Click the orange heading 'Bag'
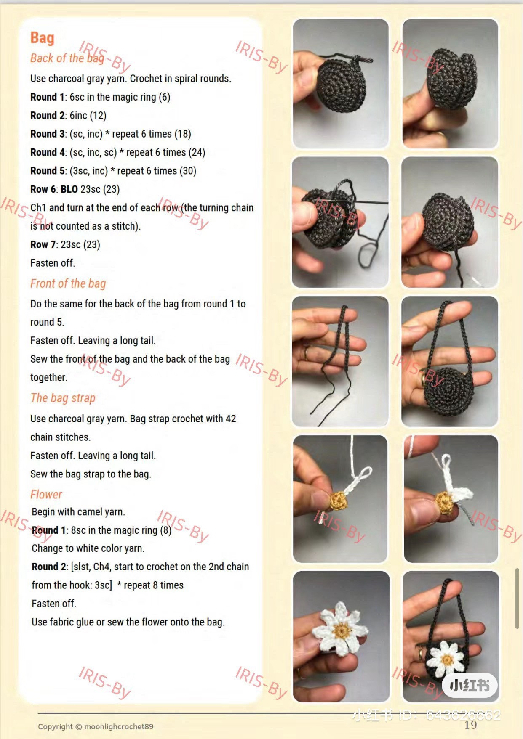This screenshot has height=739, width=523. (42, 38)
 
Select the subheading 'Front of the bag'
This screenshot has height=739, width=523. (68, 283)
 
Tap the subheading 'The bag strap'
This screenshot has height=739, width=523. (63, 398)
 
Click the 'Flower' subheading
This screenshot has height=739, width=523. (46, 494)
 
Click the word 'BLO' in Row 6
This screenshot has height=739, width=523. (69, 189)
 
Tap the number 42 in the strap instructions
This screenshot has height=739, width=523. (230, 419)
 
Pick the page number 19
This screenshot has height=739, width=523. (470, 725)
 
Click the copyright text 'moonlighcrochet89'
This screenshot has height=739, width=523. (119, 726)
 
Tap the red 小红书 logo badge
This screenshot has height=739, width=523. (470, 686)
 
